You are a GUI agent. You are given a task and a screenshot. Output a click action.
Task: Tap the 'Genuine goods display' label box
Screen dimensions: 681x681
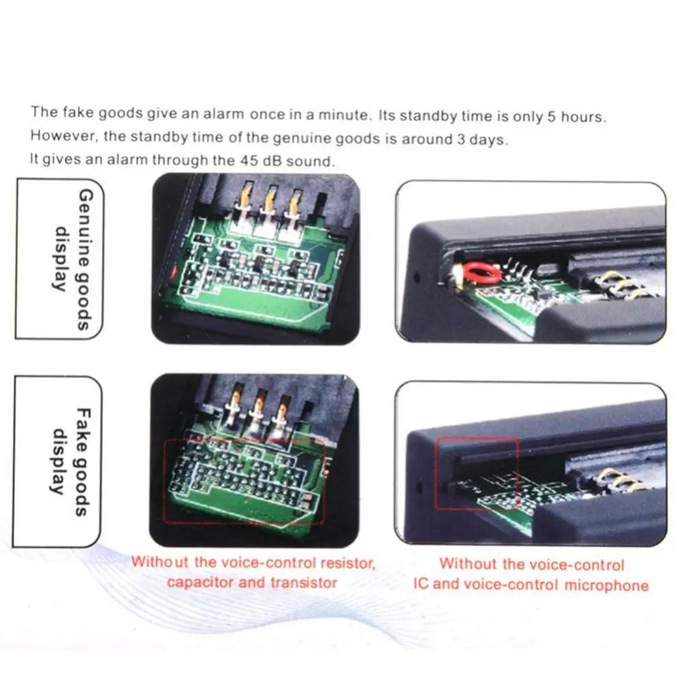point(59,259)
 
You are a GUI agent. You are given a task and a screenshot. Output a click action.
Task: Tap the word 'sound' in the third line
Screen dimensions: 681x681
point(317,161)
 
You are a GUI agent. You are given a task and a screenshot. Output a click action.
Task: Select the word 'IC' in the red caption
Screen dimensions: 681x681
point(422,584)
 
